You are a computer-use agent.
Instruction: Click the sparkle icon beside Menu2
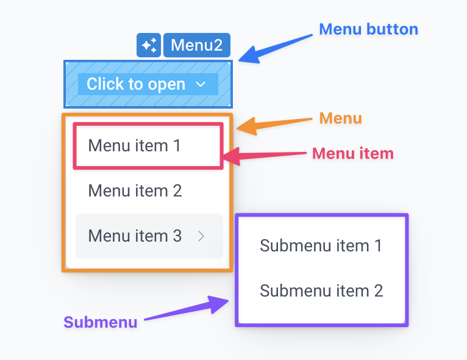tap(149, 45)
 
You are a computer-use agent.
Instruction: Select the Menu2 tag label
tap(196, 45)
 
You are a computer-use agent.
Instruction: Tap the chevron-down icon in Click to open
tap(201, 85)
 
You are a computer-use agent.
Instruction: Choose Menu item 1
tap(135, 146)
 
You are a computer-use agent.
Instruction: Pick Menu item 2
tap(135, 191)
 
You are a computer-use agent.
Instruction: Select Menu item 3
tap(135, 236)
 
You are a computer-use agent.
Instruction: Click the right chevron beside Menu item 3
tap(202, 236)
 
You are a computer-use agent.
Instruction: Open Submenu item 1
tap(321, 245)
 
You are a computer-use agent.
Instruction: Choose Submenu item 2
tap(321, 290)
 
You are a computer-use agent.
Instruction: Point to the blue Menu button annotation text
tap(368, 29)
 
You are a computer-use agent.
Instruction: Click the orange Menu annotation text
tap(340, 118)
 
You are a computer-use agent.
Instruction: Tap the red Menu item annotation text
tap(352, 153)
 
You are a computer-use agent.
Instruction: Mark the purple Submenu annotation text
tap(100, 322)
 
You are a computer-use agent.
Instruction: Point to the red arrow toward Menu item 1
tap(265, 156)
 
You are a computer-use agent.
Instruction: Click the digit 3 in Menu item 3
tap(176, 236)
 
